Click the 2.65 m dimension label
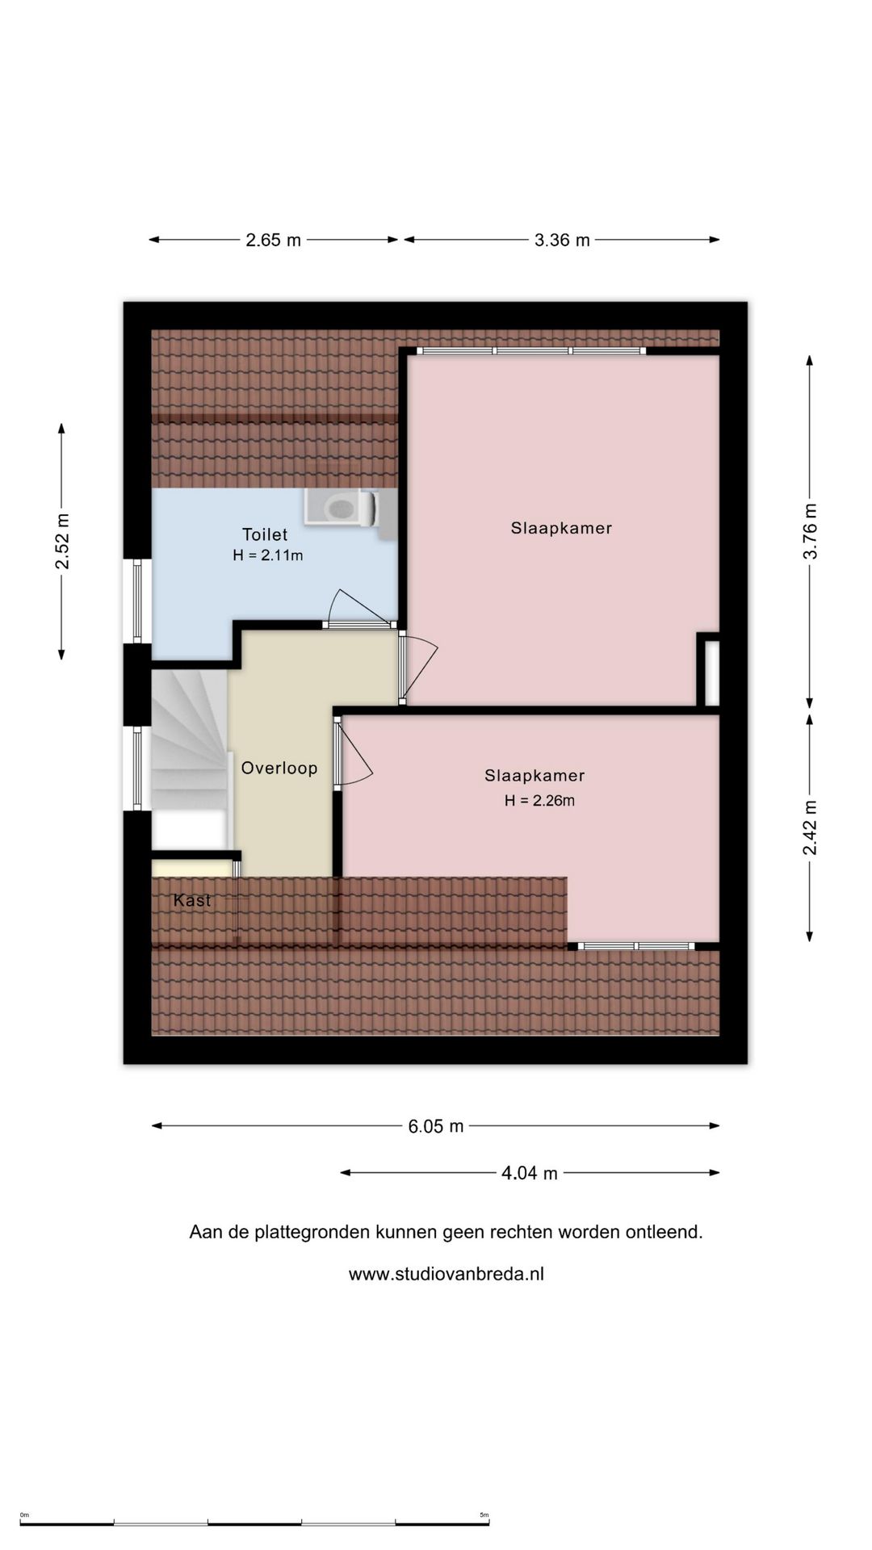coord(273,240)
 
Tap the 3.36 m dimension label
coord(562,240)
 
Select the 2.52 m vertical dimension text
coord(62,542)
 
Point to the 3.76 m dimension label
coord(811,531)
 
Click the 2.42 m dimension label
coord(811,828)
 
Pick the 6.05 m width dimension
coord(436,1126)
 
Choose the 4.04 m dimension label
coord(530,1173)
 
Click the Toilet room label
coord(265,534)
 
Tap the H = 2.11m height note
coord(268,555)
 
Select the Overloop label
coord(279,769)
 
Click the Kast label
coord(192,900)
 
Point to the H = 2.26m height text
coord(539,801)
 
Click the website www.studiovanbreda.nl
coord(446,1274)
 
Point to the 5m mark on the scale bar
coord(484,1514)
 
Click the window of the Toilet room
coord(137,601)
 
